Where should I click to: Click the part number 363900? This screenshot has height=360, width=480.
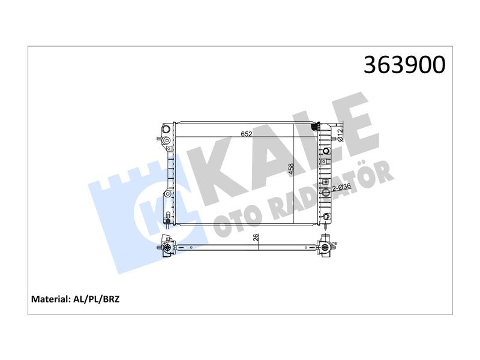[x=404, y=65]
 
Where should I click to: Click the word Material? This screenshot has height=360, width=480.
[x=51, y=299]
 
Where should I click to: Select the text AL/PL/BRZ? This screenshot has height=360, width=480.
[x=97, y=299]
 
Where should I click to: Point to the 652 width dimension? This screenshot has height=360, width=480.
[x=247, y=134]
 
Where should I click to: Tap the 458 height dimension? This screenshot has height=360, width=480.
[x=291, y=169]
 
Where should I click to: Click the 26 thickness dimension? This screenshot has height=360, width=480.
[x=256, y=237]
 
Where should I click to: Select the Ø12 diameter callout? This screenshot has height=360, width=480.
[x=340, y=136]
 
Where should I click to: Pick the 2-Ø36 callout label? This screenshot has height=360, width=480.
[x=341, y=187]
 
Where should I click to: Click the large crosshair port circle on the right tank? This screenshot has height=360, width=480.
[x=326, y=193]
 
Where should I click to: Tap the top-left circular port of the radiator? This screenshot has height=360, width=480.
[x=166, y=128]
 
